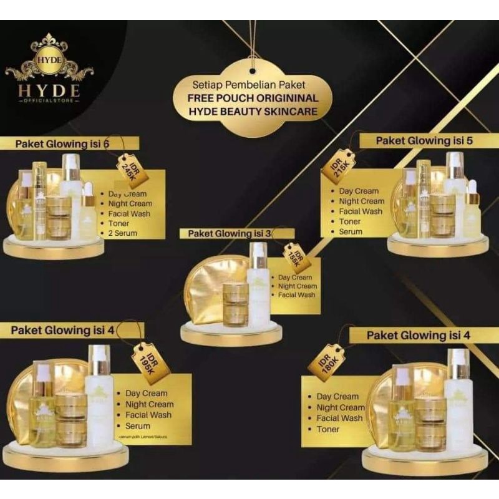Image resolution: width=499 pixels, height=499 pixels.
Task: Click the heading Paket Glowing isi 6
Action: pos(62,144)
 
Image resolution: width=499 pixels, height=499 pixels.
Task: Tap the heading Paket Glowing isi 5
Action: pos(424,141)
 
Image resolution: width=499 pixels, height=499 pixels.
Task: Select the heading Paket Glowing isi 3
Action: pos(228,233)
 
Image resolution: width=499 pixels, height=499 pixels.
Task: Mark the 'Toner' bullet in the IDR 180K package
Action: pos(327,429)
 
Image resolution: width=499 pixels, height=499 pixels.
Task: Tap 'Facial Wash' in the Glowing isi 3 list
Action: pos(296,294)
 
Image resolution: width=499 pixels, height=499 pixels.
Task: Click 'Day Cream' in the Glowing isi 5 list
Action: pos(359,191)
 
